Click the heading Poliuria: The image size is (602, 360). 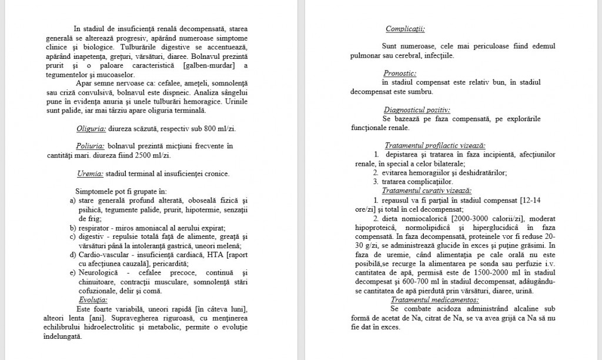click(91, 146)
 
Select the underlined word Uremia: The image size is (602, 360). click(91, 174)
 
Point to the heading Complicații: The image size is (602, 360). click(405, 28)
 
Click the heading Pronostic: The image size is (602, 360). click(399, 74)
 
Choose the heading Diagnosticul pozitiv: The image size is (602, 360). click(417, 109)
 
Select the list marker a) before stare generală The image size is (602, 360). click(73, 201)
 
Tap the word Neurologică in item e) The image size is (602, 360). click(99, 273)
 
